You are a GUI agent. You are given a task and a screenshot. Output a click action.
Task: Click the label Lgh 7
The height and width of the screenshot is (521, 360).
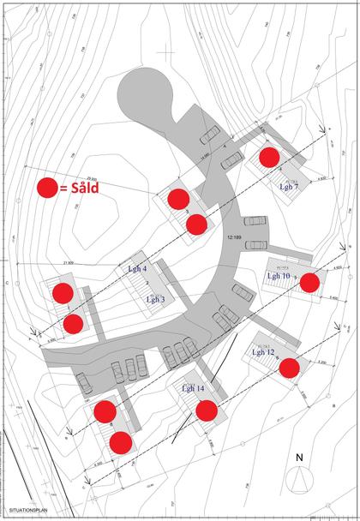(288, 186)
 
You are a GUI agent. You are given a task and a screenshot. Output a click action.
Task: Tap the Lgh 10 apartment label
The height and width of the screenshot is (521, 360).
(278, 277)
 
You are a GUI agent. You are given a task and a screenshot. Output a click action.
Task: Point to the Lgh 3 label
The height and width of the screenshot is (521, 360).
(155, 299)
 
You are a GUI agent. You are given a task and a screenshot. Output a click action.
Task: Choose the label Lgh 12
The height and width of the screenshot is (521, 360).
(263, 352)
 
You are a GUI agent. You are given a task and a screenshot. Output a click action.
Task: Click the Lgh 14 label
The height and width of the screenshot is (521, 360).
(193, 388)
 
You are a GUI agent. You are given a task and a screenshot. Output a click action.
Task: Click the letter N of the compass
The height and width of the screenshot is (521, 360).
(298, 457)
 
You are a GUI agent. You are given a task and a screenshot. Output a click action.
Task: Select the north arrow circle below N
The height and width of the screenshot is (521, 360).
(299, 482)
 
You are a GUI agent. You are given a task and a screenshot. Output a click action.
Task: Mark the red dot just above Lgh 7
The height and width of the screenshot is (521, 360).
(269, 157)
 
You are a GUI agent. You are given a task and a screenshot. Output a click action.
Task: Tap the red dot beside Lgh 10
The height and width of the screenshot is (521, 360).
(309, 281)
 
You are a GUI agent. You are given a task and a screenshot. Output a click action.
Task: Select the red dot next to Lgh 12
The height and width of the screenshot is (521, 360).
(290, 368)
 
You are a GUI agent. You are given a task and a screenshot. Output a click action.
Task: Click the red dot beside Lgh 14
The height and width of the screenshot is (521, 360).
(206, 410)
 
